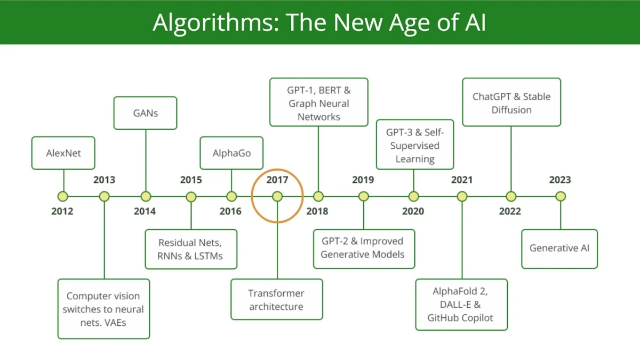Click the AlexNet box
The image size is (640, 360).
(x=63, y=153)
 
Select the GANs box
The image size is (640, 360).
(x=145, y=113)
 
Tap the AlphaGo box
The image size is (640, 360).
(x=231, y=153)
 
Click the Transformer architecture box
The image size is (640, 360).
(x=276, y=300)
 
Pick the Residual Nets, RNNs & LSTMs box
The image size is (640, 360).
(x=190, y=249)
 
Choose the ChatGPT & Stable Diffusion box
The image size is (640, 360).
(x=511, y=102)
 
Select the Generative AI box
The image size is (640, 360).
(x=559, y=248)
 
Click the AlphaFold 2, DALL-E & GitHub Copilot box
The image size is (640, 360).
(x=461, y=305)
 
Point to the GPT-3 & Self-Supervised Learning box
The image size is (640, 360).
(x=414, y=145)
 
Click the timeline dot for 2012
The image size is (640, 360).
(x=63, y=196)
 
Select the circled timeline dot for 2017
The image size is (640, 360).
(x=277, y=196)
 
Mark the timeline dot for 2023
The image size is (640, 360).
(x=560, y=196)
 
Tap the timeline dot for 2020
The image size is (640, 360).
(x=413, y=196)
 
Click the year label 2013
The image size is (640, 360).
(x=104, y=180)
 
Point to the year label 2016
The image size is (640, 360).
(x=230, y=211)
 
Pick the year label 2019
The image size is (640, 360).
(x=363, y=180)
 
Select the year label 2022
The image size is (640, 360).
(x=510, y=211)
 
